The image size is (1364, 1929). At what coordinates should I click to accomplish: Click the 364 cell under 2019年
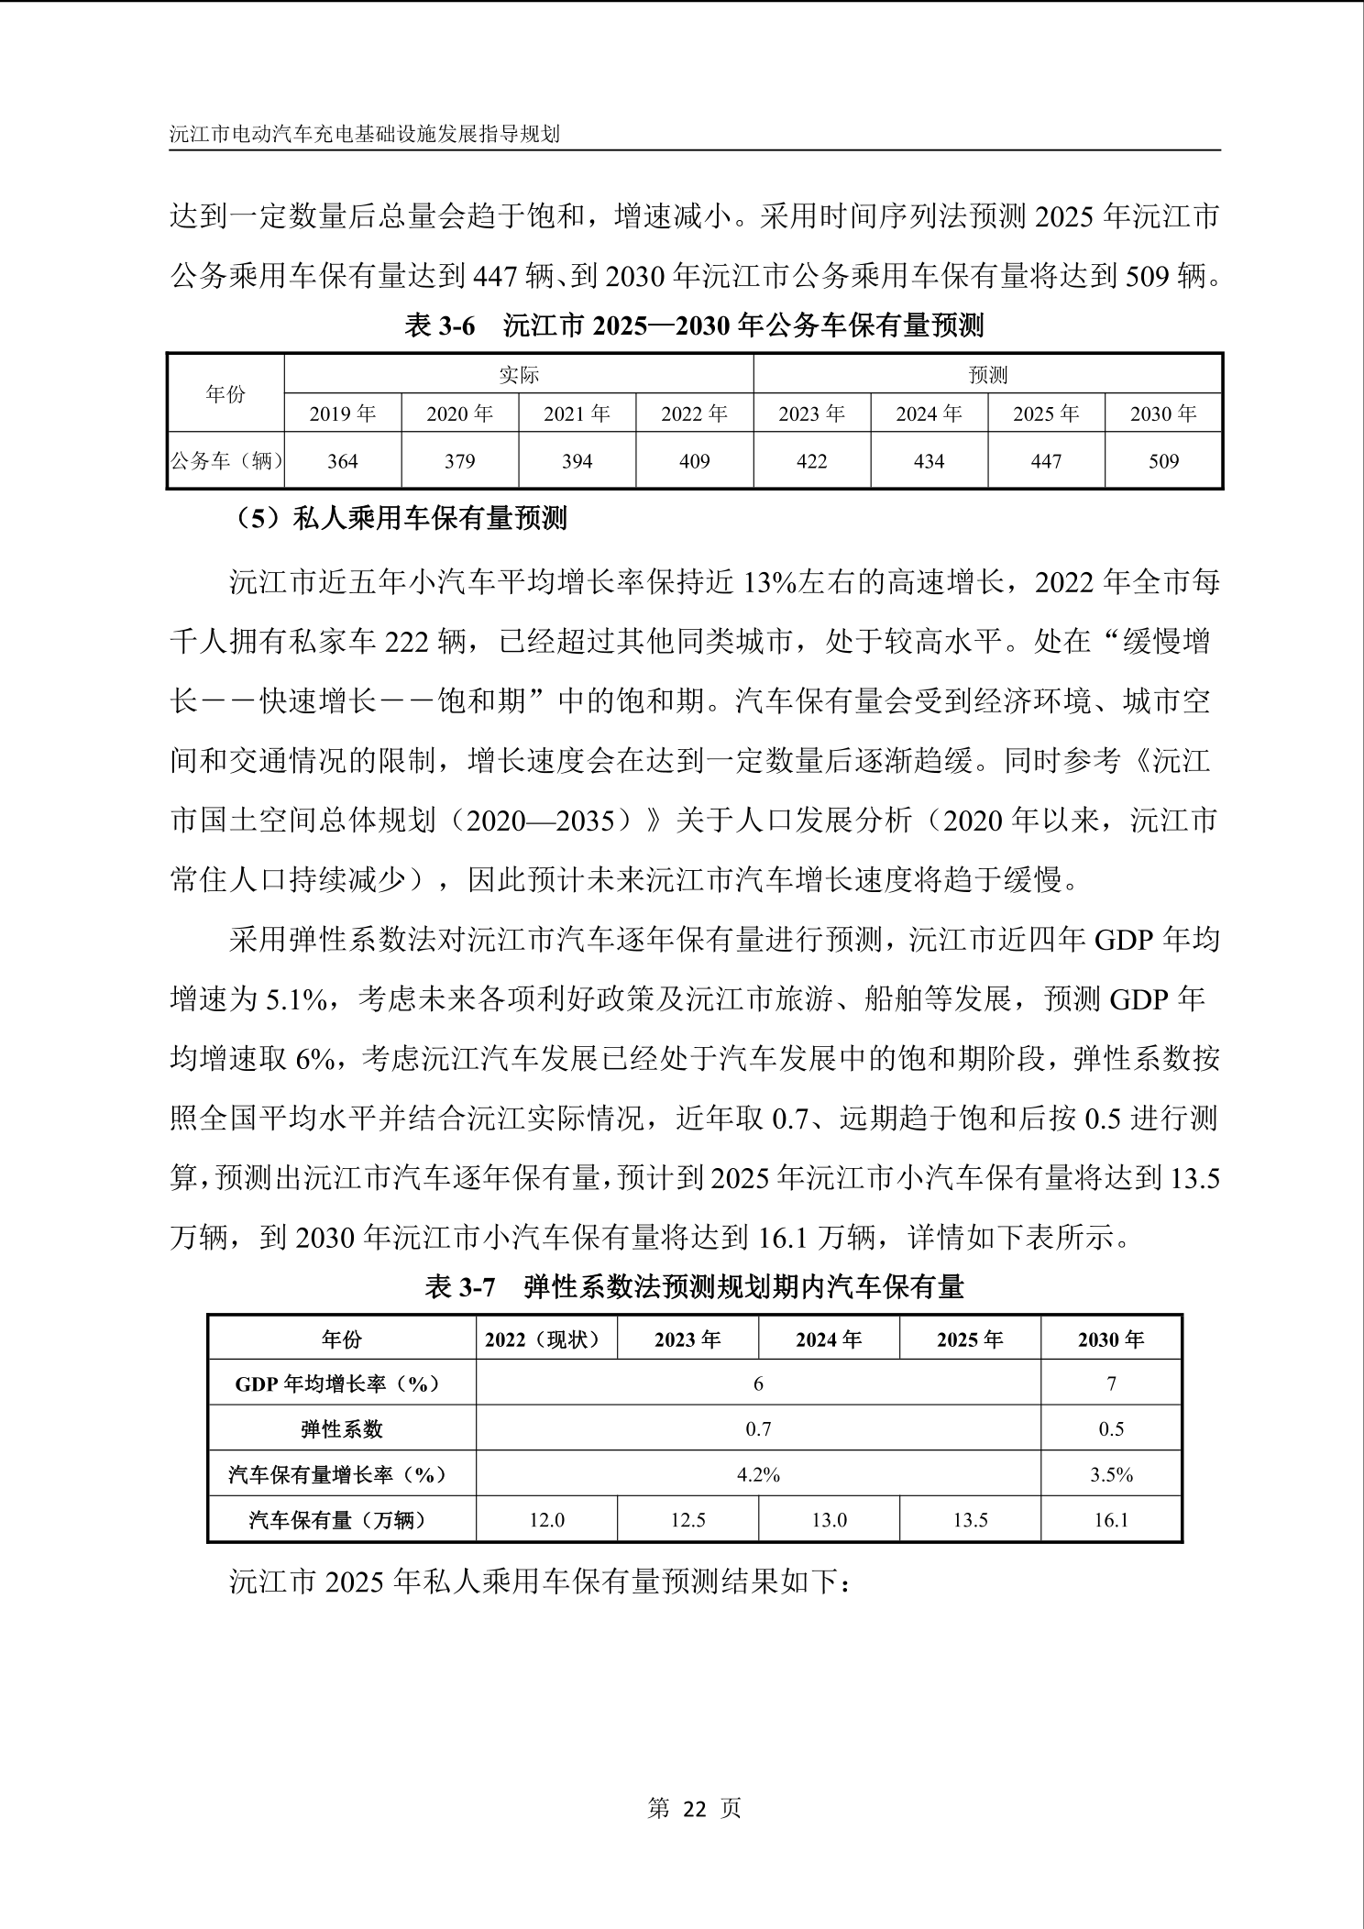pyautogui.click(x=343, y=461)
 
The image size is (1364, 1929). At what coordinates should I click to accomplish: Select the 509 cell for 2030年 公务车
pyautogui.click(x=1163, y=461)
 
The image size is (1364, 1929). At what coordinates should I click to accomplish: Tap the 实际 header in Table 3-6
pyautogui.click(x=519, y=375)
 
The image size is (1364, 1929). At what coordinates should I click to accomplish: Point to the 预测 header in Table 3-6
pyautogui.click(x=988, y=375)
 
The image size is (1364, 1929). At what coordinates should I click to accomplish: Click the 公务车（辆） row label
pyautogui.click(x=226, y=461)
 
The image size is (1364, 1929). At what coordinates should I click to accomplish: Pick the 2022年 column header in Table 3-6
pyautogui.click(x=694, y=414)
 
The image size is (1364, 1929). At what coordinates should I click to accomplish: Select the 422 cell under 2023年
pyautogui.click(x=811, y=461)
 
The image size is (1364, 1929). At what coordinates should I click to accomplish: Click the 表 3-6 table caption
pyautogui.click(x=694, y=325)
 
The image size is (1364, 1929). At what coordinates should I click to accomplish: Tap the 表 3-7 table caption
pyautogui.click(x=694, y=1287)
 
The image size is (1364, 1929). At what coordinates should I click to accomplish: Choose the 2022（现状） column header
pyautogui.click(x=546, y=1339)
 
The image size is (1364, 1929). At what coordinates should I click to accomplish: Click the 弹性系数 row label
pyautogui.click(x=342, y=1429)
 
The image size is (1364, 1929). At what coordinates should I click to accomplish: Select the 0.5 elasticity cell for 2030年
pyautogui.click(x=1111, y=1429)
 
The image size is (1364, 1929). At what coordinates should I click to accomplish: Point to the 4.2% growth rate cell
pyautogui.click(x=758, y=1474)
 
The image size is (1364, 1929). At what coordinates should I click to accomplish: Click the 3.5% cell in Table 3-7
pyautogui.click(x=1111, y=1474)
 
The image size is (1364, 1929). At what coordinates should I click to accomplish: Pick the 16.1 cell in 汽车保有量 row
pyautogui.click(x=1111, y=1520)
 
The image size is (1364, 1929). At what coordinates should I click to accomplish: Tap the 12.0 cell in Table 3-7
pyautogui.click(x=546, y=1520)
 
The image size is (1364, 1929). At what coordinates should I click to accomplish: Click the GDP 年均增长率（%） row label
pyautogui.click(x=342, y=1384)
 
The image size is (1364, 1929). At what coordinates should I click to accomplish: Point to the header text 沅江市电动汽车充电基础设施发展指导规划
pyautogui.click(x=365, y=134)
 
